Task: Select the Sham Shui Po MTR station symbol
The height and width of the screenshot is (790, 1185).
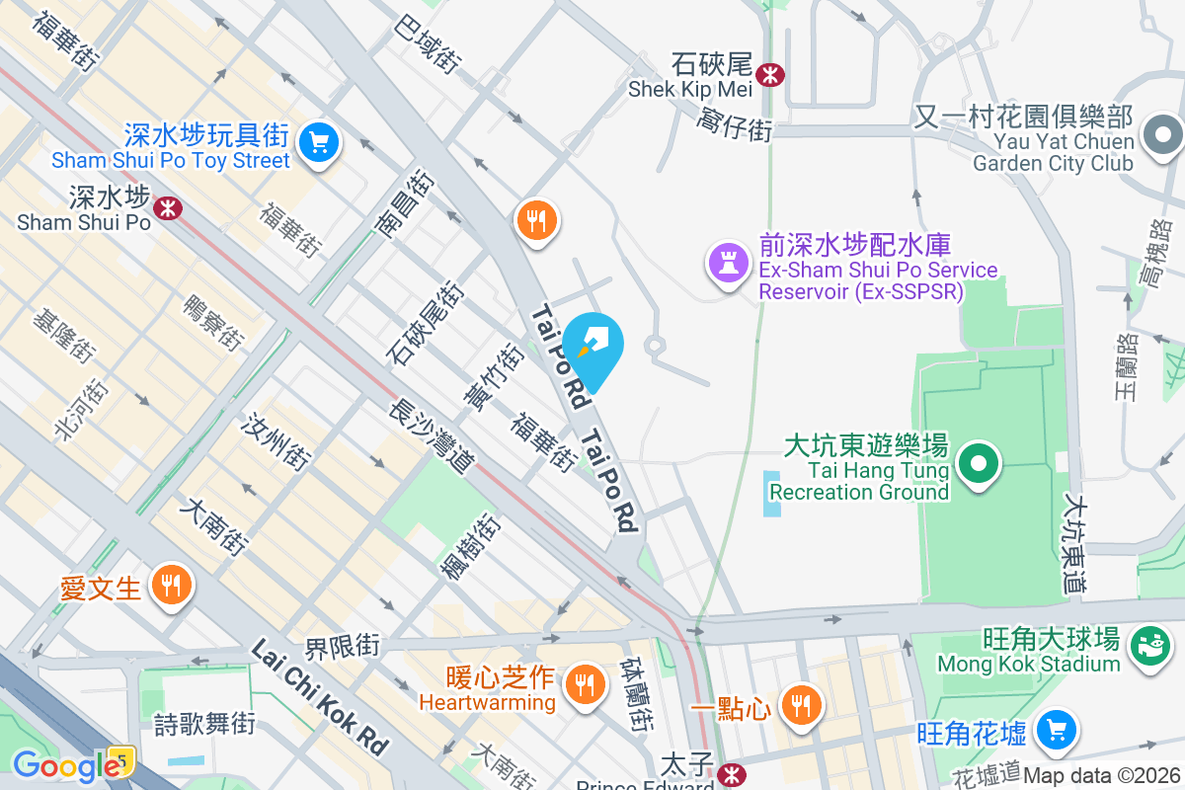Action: coord(167,207)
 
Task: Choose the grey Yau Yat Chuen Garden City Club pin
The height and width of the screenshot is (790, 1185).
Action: coord(1162,135)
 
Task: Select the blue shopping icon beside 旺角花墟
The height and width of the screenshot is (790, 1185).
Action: coord(1056,731)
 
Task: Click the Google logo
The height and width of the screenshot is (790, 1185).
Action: coord(66,765)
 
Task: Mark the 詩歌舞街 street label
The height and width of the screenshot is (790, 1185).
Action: coord(205,724)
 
